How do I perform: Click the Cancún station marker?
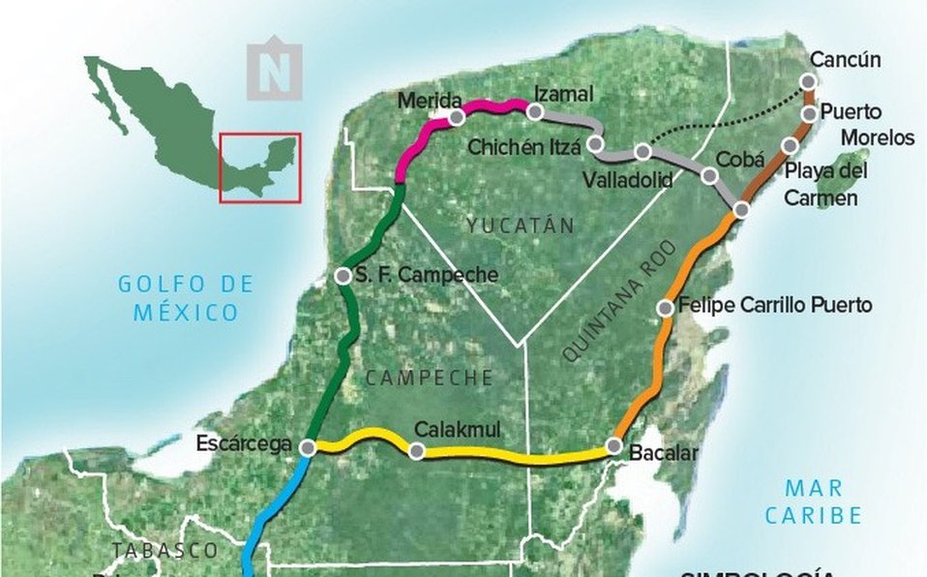[811, 82]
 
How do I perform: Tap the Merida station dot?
[456, 116]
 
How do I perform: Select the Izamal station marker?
[534, 112]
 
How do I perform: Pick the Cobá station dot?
[709, 175]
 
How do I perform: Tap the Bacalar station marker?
[613, 446]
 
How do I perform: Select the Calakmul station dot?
[417, 450]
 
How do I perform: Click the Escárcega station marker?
[308, 448]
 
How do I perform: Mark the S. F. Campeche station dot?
[342, 276]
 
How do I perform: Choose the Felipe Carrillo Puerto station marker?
[666, 308]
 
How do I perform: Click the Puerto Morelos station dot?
[811, 114]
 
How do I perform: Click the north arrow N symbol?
[274, 70]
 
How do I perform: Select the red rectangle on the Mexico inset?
[259, 167]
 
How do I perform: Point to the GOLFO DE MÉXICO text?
[186, 298]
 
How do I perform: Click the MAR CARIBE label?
[813, 501]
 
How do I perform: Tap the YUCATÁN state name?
[519, 226]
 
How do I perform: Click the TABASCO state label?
[164, 550]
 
